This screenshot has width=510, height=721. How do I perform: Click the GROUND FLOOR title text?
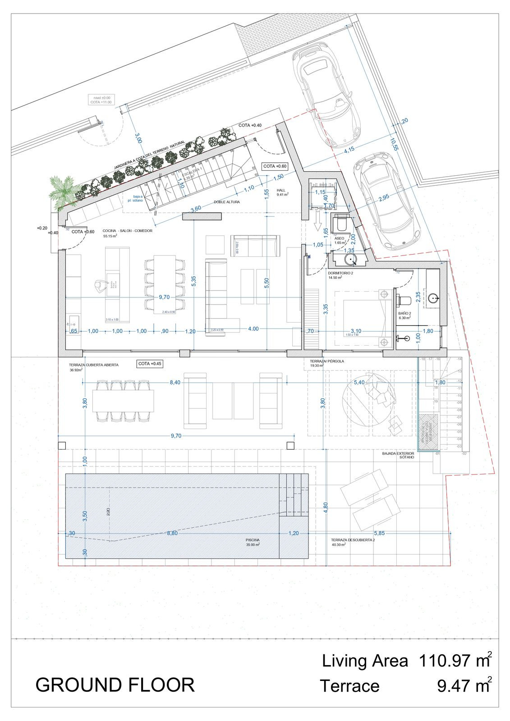pos(115,685)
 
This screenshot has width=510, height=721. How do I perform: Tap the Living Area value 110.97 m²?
pos(455,661)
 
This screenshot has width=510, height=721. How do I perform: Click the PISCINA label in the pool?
pos(253,540)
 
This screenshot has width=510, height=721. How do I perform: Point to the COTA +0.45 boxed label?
pos(150,364)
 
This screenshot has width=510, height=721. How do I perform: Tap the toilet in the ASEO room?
pos(341,224)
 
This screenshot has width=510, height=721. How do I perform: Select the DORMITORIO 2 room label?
pos(340,273)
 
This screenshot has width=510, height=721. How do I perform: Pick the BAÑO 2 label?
pos(404,313)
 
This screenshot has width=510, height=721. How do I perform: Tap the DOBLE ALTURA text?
pos(227,202)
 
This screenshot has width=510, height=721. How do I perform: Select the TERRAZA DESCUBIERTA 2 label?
pos(353,540)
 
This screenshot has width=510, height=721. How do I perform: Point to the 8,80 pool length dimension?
pos(172,533)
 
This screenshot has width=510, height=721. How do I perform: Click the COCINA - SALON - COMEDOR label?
pos(128,231)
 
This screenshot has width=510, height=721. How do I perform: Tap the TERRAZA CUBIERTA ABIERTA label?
pos(94,365)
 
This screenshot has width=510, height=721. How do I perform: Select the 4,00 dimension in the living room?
pos(253,329)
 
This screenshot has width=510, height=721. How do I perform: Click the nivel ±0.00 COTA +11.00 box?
pos(101,100)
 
